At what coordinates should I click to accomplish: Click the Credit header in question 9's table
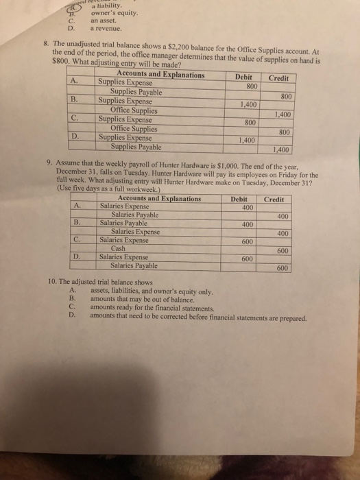(274, 199)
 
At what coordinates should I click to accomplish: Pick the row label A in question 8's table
(73, 82)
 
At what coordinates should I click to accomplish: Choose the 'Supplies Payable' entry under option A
(136, 91)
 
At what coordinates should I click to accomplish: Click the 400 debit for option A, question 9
(248, 207)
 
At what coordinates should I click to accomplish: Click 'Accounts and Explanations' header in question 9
(159, 199)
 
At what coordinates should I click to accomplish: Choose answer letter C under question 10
(71, 308)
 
